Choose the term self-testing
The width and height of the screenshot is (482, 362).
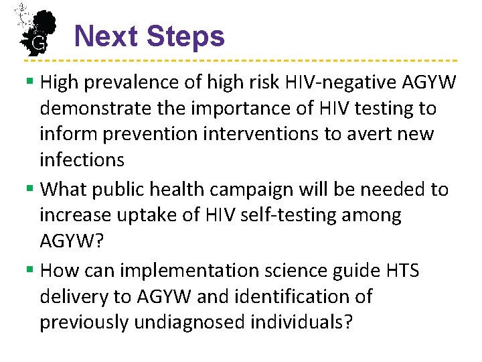pyautogui.click(x=303, y=216)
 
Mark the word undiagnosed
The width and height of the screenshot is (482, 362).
pyautogui.click(x=190, y=322)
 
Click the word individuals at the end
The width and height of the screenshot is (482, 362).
pyautogui.click(x=301, y=322)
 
